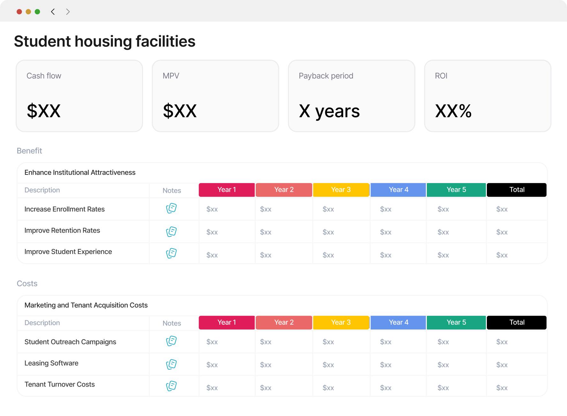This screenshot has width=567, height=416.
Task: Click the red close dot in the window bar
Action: pos(19,12)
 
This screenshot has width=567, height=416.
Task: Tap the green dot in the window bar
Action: pos(37,12)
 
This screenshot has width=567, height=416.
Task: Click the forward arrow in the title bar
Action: pos(68,12)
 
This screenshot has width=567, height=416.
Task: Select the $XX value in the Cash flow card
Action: pos(44,111)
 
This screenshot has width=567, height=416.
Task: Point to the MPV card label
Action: pos(171,76)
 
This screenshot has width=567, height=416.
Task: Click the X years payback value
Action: pos(329,111)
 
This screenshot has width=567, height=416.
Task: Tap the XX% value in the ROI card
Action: pos(453,111)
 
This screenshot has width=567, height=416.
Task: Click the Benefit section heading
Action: pos(29,151)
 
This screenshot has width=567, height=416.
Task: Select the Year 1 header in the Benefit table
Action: pos(227,190)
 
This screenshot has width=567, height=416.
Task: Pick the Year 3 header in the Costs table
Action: pos(341,323)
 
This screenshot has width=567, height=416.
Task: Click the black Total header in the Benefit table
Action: pos(517,190)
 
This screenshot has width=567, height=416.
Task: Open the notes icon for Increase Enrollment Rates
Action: pos(171,208)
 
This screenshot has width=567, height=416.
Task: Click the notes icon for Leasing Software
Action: pos(171,364)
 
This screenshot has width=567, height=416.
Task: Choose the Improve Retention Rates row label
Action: pos(62,230)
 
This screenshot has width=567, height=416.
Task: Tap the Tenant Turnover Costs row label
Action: pos(60,384)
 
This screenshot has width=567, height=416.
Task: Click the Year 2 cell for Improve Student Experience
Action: pos(266,255)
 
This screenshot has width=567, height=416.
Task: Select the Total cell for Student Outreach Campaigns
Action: pos(502,342)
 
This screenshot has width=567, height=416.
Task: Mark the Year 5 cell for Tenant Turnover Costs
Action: pos(443,388)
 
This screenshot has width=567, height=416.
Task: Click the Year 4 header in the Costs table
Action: pos(398,323)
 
